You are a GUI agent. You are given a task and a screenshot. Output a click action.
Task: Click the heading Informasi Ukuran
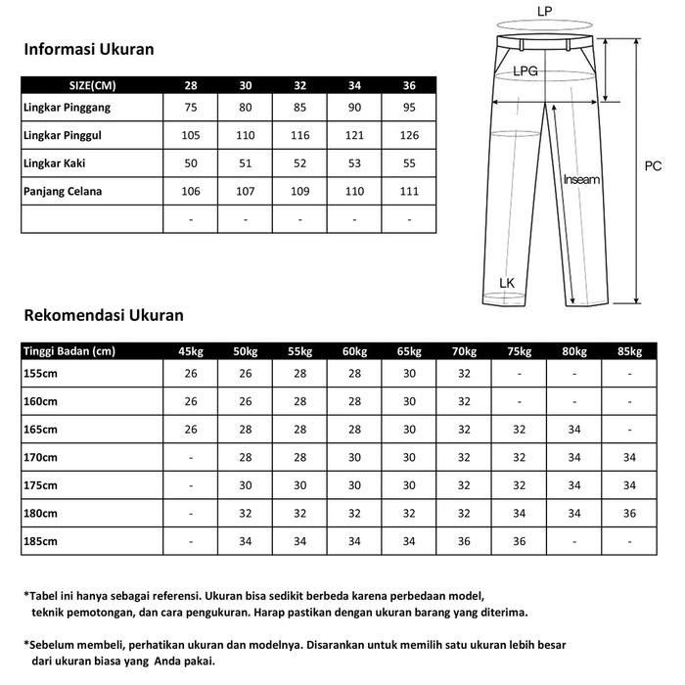[89, 49]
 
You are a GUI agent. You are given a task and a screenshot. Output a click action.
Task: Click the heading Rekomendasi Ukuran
[103, 315]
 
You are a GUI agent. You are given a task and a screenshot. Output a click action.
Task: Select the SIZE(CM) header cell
[93, 84]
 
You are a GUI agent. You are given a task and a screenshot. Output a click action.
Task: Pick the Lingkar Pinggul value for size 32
[299, 135]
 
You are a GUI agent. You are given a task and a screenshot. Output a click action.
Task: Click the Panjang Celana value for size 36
[409, 192]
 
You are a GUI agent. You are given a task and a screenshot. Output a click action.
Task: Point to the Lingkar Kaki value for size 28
[191, 163]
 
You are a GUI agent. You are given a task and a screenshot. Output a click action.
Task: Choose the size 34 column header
[354, 84]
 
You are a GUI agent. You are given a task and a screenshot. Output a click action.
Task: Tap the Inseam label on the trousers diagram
[581, 180]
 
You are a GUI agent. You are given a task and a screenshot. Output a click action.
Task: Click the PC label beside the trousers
[653, 166]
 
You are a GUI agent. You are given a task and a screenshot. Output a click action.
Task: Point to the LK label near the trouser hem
[506, 284]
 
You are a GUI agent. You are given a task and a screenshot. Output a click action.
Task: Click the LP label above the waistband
[544, 12]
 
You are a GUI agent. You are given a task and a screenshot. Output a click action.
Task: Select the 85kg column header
[629, 352]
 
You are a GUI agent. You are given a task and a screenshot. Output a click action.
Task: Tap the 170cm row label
[40, 457]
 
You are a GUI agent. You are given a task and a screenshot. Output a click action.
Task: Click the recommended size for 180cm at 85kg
[629, 513]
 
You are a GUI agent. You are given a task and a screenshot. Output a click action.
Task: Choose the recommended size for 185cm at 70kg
[465, 540]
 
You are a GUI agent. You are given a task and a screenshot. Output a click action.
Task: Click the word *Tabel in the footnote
[41, 595]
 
